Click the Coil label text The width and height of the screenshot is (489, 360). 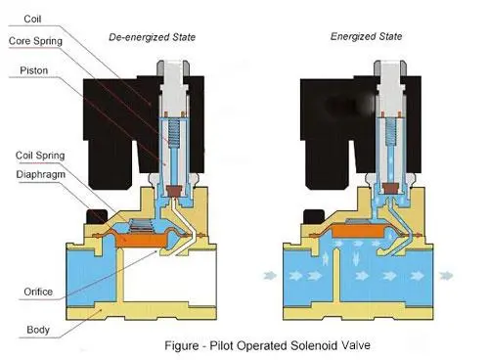(x=32, y=19)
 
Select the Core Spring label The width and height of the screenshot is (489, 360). (x=35, y=41)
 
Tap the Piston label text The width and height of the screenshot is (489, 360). (x=34, y=70)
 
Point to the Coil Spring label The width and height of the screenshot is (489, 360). (x=40, y=156)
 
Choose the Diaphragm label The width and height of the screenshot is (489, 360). (x=40, y=174)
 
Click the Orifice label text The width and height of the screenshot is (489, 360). (x=38, y=292)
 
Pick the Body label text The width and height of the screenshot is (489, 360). (x=38, y=330)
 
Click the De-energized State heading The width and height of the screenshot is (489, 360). (x=152, y=37)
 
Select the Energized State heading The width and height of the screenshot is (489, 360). (x=366, y=36)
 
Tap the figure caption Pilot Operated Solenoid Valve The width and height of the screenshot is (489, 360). (x=267, y=345)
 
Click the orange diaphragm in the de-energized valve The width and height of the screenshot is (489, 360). (x=142, y=240)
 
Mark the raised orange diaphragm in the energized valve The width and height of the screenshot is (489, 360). (x=359, y=231)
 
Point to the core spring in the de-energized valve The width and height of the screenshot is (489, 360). (x=174, y=132)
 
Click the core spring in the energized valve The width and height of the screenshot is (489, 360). (x=390, y=131)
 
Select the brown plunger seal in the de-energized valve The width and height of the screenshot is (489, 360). (x=174, y=191)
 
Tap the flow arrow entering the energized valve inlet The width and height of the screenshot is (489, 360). (x=270, y=276)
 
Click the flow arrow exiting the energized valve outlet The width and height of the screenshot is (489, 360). (x=446, y=276)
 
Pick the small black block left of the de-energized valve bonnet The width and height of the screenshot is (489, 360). (x=97, y=216)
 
